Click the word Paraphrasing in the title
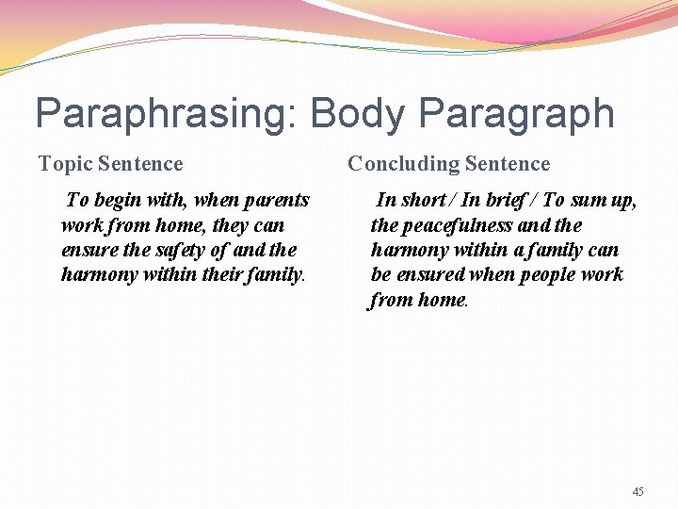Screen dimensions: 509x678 click(x=165, y=115)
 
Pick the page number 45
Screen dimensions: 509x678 click(x=638, y=491)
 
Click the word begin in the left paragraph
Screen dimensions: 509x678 click(x=118, y=200)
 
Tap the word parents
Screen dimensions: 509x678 click(x=277, y=200)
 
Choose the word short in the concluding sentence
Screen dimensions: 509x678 click(x=423, y=200)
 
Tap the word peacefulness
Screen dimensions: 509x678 click(x=458, y=225)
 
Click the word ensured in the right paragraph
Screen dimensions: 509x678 click(x=431, y=274)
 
